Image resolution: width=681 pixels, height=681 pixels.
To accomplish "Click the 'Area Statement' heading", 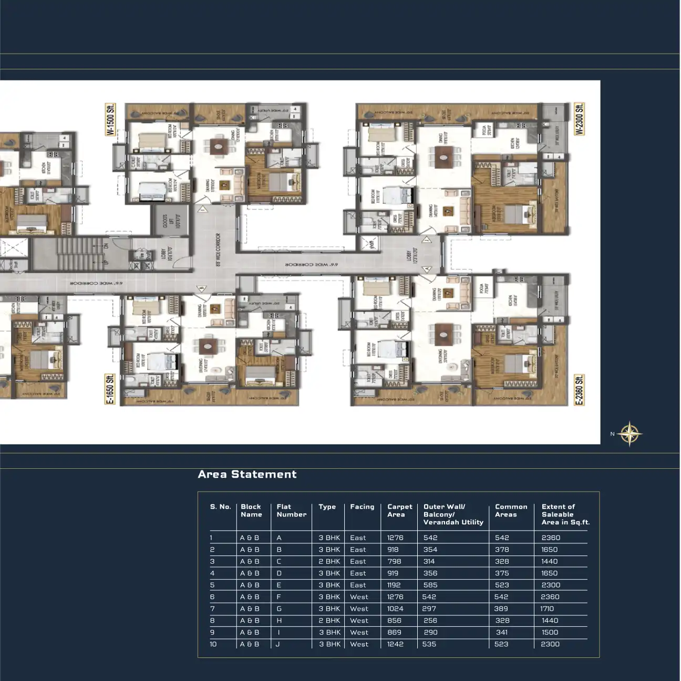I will (247, 474).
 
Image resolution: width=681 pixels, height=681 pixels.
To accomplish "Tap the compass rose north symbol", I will (629, 434).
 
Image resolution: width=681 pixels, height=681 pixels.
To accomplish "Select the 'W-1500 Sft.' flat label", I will (110, 120).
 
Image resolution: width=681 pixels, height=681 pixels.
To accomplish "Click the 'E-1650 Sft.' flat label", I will (110, 389).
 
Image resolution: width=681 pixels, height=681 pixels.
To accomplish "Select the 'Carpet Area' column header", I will (399, 511).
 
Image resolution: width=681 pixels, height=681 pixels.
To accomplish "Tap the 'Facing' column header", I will (362, 507).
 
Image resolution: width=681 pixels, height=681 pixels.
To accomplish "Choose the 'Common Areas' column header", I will (511, 511).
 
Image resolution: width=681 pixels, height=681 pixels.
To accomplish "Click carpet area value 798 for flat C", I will (394, 562).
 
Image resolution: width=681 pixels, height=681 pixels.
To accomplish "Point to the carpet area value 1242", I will (395, 644).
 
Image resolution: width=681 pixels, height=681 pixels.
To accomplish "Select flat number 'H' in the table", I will (279, 621).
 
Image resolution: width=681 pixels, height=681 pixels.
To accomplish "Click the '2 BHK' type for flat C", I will (329, 562).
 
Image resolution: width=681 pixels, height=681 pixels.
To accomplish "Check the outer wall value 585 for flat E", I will (430, 585).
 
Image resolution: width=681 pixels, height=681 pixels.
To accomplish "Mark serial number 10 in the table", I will (213, 644).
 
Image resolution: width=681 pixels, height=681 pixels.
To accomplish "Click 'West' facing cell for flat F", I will (359, 597).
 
